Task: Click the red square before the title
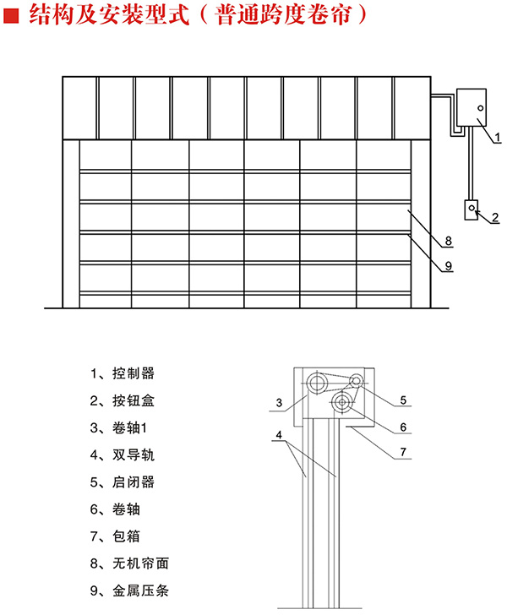[x=11, y=14]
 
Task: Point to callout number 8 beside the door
[x=450, y=242]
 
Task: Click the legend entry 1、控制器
[x=122, y=373]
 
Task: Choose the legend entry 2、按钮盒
[x=122, y=400]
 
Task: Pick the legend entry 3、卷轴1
[x=119, y=427]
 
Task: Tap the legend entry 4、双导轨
[x=122, y=454]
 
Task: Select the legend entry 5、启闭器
[x=122, y=482]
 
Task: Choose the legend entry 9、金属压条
[x=128, y=591]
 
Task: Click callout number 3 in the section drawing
[x=276, y=402]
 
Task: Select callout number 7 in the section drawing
[x=403, y=452]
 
